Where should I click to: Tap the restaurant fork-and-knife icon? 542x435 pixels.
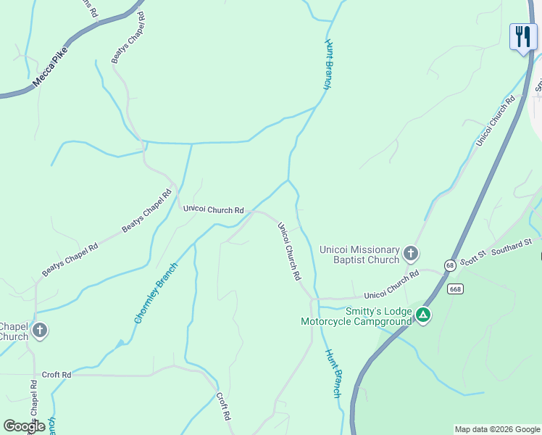pos(522,36)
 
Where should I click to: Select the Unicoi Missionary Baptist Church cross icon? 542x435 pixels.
pos(411,254)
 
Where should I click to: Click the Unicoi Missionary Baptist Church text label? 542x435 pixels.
pos(359,254)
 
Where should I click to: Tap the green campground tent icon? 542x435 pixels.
pos(422,315)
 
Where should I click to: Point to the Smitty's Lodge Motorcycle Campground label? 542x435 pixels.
pos(356,316)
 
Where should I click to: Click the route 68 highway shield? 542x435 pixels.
pos(451,265)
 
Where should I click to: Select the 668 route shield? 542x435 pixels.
pos(455,289)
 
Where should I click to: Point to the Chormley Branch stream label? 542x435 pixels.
pos(151,293)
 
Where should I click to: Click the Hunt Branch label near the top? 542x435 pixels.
pos(328,65)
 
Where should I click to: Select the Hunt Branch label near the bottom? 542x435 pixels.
pos(333,373)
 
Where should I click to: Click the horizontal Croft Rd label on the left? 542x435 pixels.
pos(57,375)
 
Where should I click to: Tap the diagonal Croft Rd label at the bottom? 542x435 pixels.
pos(223,407)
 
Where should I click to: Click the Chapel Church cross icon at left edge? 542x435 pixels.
pos(40,331)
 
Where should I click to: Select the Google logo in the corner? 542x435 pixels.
pos(24,426)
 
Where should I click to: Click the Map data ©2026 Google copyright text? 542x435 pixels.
pos(496,429)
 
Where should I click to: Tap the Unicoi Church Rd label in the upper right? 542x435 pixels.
pos(495,120)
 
